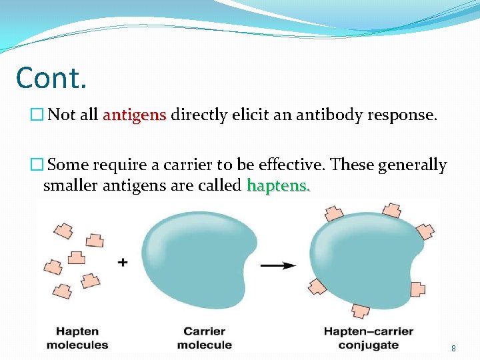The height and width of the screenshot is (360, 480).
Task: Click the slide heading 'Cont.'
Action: [51, 77]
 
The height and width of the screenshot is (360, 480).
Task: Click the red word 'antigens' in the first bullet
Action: [134, 115]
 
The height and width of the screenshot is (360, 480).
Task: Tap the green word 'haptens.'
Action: [278, 185]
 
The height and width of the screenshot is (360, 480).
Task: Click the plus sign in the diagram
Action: [123, 263]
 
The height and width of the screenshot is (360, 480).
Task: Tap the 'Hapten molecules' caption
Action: [77, 338]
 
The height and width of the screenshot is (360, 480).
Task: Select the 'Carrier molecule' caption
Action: [204, 338]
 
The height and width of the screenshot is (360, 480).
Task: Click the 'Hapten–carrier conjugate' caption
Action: [368, 338]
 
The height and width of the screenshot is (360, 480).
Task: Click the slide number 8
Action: [453, 348]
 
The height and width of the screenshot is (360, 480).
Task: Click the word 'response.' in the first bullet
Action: [406, 115]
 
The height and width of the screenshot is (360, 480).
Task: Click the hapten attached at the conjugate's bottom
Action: [360, 311]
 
